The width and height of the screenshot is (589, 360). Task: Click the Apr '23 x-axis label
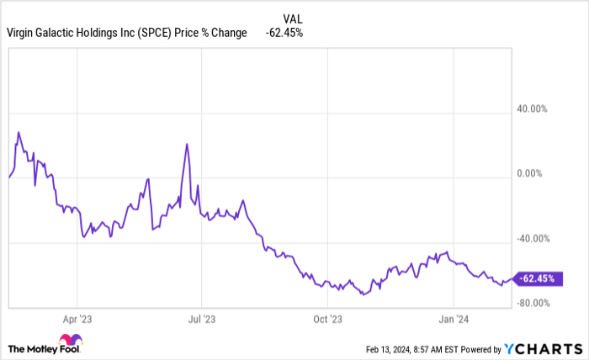click(x=77, y=319)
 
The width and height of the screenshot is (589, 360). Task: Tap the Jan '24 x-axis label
click(x=454, y=319)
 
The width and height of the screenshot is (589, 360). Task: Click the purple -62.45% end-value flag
click(x=539, y=278)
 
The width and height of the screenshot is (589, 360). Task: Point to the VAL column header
click(x=289, y=17)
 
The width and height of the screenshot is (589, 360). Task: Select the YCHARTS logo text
click(x=548, y=347)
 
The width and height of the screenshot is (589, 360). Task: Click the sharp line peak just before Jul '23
click(x=187, y=144)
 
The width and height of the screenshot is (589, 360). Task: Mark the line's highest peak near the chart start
click(x=19, y=132)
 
